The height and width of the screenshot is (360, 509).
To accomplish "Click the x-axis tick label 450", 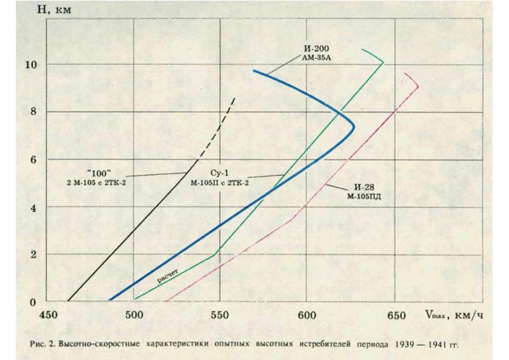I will coord(48,315).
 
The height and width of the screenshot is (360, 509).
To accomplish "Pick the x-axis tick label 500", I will coord(134,315).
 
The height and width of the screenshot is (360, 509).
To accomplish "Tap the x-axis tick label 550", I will coord(220,315).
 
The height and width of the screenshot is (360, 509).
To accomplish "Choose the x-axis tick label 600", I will coord(307,315).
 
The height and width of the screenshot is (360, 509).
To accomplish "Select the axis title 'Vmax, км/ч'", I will coord(450,315).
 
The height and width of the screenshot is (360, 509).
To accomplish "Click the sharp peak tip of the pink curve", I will coord(418,87).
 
